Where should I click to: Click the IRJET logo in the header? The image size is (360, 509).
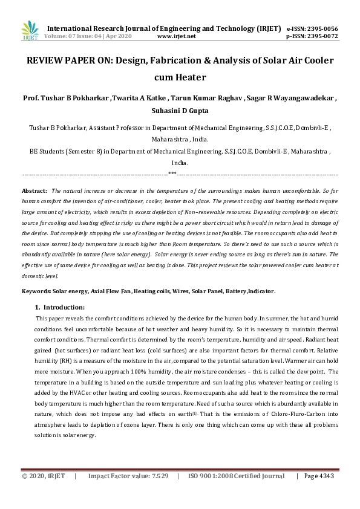tap(29, 30)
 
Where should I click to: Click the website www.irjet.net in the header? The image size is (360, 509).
tap(176, 36)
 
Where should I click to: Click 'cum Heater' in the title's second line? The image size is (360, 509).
tap(180, 77)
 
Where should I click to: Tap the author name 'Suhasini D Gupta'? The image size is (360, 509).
tap(180, 111)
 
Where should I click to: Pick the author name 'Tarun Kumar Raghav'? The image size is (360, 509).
tap(198, 98)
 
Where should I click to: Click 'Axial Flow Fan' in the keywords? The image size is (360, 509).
tap(111, 291)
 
